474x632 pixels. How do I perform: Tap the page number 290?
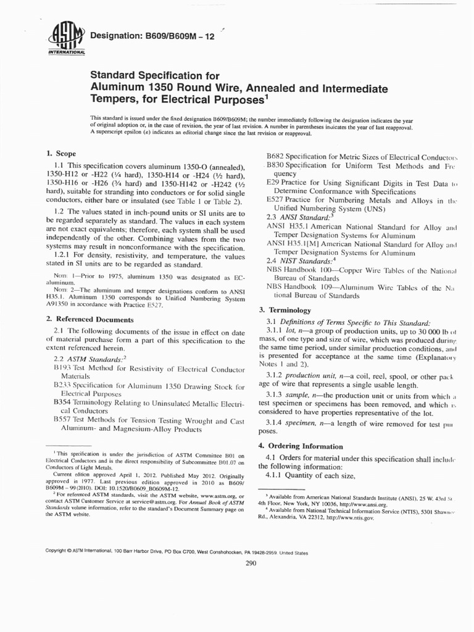click(x=251, y=563)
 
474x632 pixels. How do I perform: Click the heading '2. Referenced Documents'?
click(x=90, y=319)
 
